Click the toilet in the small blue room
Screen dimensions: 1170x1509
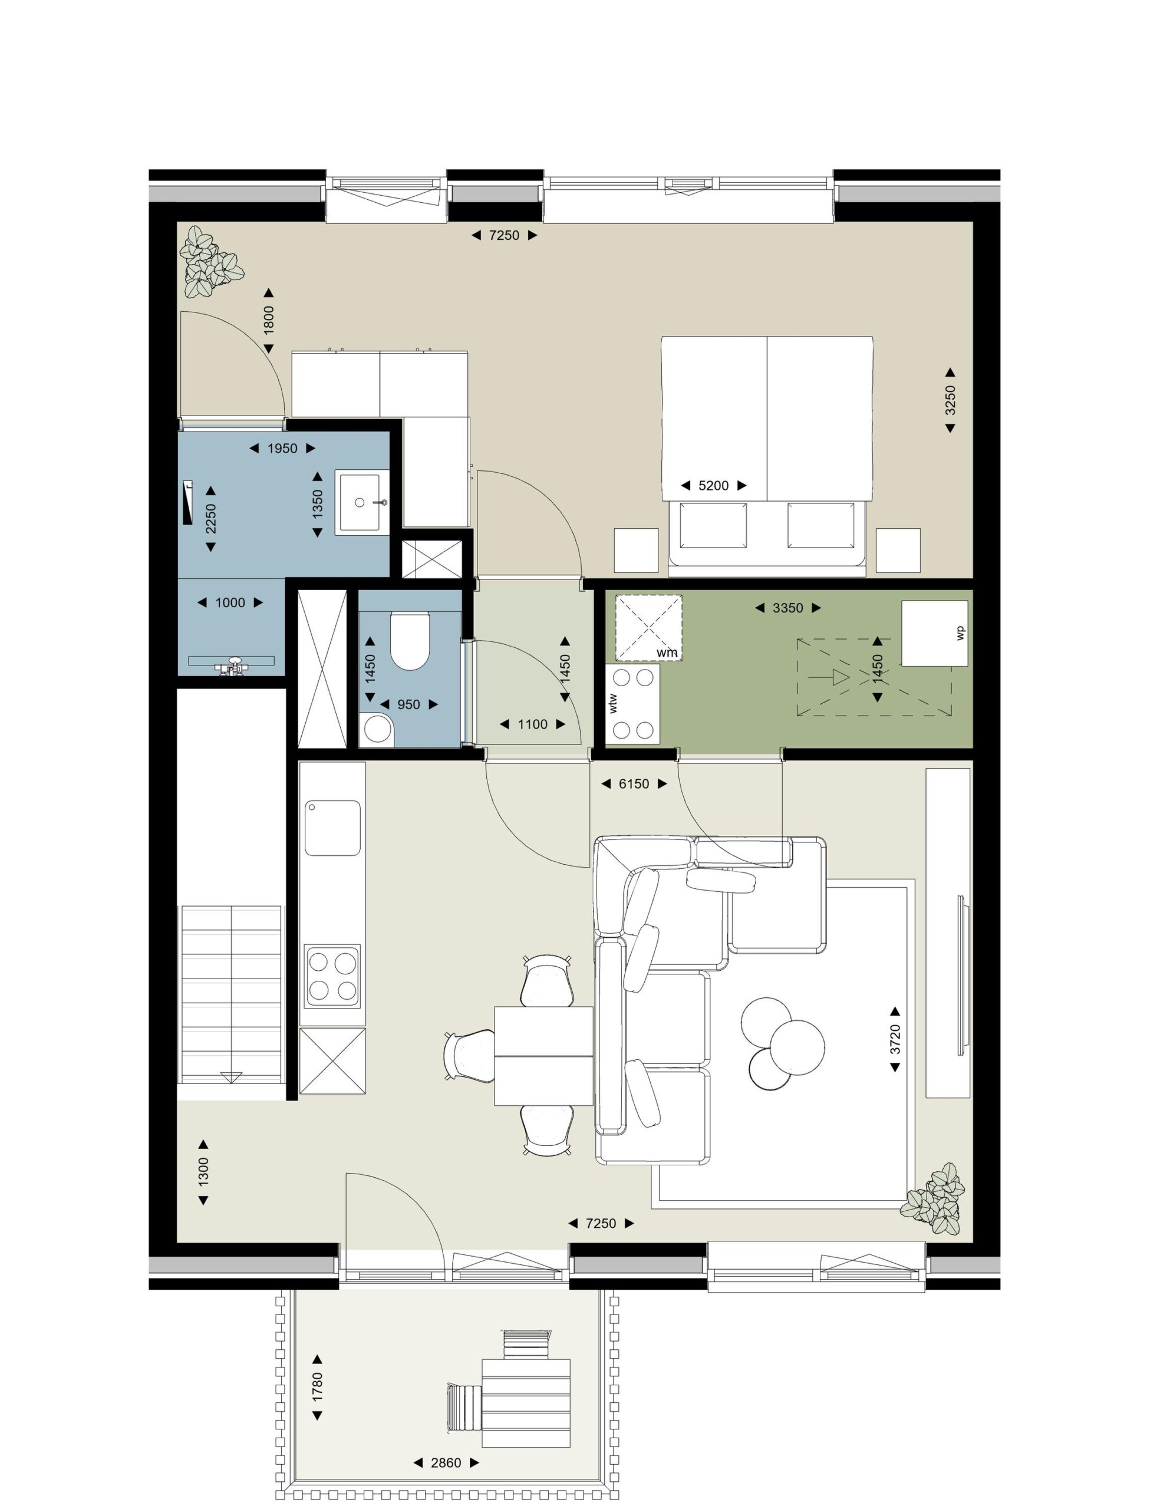(x=410, y=641)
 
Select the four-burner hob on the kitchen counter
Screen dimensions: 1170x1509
(x=332, y=976)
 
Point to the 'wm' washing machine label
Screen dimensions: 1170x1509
(x=667, y=653)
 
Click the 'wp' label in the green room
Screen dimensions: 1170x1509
(x=960, y=633)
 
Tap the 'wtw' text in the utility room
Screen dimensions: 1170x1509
(x=612, y=703)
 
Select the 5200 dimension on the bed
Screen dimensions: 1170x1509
(x=713, y=486)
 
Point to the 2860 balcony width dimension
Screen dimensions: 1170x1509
(x=446, y=1462)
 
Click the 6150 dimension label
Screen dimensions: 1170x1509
(x=634, y=783)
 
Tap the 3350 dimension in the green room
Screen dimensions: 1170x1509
(x=788, y=608)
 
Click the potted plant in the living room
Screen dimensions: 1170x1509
(x=934, y=1199)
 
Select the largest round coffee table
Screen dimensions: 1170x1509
(x=797, y=1047)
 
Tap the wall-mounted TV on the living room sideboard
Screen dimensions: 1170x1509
(x=962, y=976)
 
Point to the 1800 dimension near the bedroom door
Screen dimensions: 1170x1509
(x=269, y=321)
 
